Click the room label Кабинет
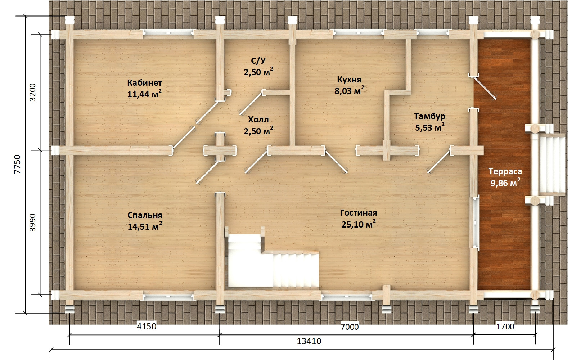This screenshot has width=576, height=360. point(144,83)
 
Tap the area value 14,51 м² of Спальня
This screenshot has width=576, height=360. point(145,226)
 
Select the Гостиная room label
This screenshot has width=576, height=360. point(359,213)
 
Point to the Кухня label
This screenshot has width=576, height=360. point(349,80)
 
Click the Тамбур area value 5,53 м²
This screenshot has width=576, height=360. point(430,127)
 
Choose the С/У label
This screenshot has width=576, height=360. point(258,61)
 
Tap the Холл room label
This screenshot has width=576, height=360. point(258,120)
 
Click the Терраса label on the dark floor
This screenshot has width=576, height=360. point(505,171)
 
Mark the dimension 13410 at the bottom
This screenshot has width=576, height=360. point(309,341)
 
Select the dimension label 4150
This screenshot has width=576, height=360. point(147,326)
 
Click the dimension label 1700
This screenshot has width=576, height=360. point(505,327)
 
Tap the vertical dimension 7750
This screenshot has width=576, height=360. point(18,164)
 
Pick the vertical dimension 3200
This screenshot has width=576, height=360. point(33,92)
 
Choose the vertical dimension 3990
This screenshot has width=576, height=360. point(33,223)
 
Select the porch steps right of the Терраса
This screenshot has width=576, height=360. point(552,165)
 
